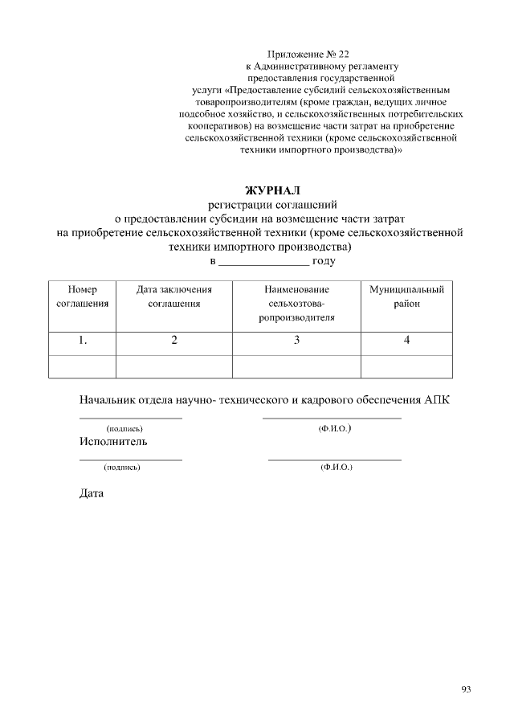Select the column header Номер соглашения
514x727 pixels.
point(83,296)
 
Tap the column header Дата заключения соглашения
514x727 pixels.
point(174,296)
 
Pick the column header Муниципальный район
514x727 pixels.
point(406,296)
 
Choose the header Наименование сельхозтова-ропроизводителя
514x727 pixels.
point(296,303)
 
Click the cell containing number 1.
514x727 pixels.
point(83,341)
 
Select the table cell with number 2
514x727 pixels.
point(174,341)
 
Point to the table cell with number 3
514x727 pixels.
point(296,341)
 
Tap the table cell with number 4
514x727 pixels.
point(406,341)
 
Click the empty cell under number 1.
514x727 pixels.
point(83,366)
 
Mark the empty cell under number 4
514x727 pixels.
point(406,366)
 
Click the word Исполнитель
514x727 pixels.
point(113,442)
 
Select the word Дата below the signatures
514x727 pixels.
point(92,493)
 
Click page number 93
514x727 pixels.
point(466,689)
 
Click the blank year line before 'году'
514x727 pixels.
point(263,262)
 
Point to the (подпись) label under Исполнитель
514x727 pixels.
point(122,467)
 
